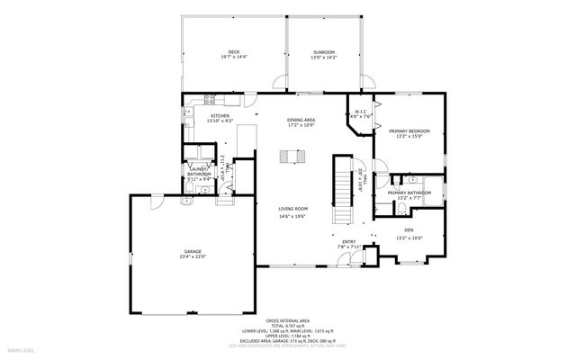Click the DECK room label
[x=233, y=53]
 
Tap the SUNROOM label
[x=323, y=53]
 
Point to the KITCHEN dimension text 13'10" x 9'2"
[x=220, y=121]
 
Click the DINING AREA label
[x=301, y=120]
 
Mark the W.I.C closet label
[x=359, y=112]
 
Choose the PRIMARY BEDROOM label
[x=409, y=131]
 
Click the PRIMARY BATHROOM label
[x=409, y=193]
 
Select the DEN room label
[x=409, y=231]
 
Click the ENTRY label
[x=348, y=241]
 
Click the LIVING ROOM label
[x=292, y=210]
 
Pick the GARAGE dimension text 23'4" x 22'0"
[x=193, y=256]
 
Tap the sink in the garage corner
[x=183, y=203]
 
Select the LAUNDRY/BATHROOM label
[x=200, y=173]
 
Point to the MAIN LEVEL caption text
[x=22, y=349]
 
